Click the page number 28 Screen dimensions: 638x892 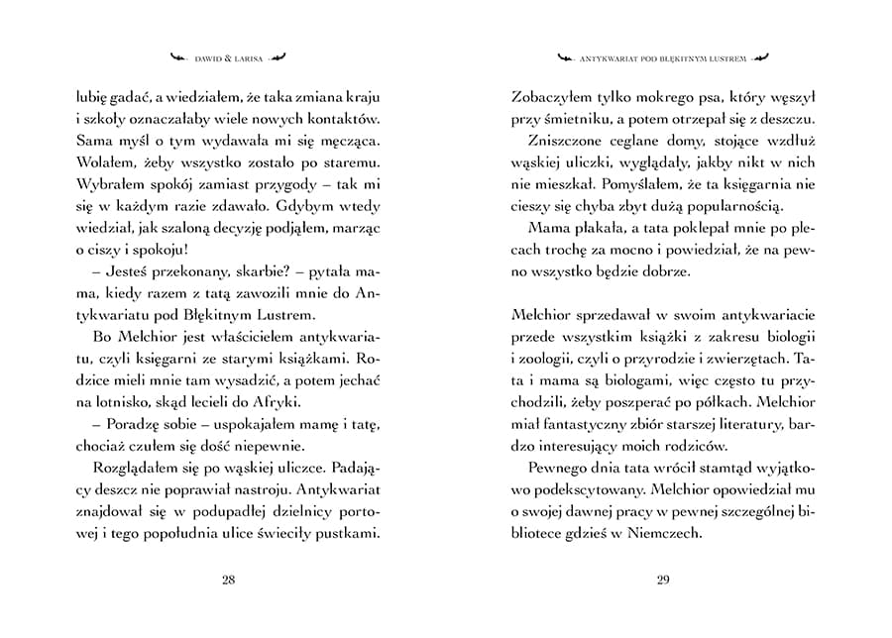(x=228, y=580)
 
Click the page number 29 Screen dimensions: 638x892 (x=663, y=580)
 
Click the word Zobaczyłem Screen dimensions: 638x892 (x=551, y=98)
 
